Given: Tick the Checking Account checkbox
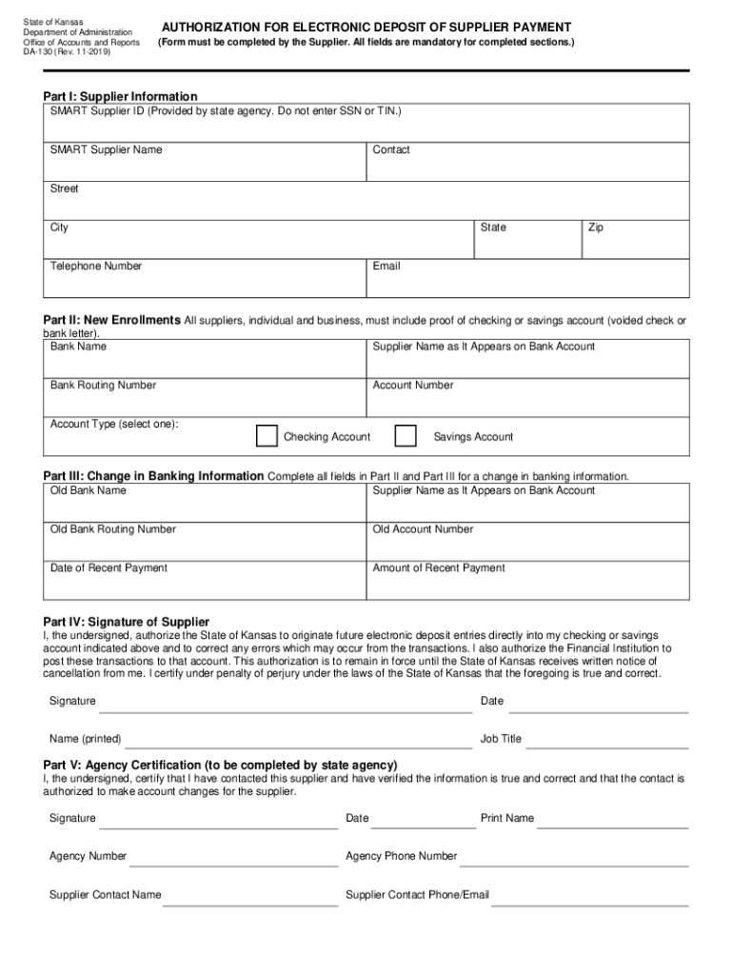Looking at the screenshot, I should tap(267, 435).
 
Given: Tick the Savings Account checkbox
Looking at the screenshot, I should tap(406, 435).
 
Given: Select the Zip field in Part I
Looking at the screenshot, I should tap(635, 241).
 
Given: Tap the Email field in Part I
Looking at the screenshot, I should tap(527, 280).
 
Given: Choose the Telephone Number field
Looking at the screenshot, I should tap(208, 280).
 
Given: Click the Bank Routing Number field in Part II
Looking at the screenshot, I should tap(208, 399).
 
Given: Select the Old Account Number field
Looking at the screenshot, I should tap(527, 543).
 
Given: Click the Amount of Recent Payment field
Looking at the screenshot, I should tap(527, 582).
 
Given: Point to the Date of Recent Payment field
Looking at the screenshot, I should tap(208, 582).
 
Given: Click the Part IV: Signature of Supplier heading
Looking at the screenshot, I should tap(127, 622).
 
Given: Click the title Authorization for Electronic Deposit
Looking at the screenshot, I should tap(366, 28).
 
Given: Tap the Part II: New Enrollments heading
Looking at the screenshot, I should tap(111, 320).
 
